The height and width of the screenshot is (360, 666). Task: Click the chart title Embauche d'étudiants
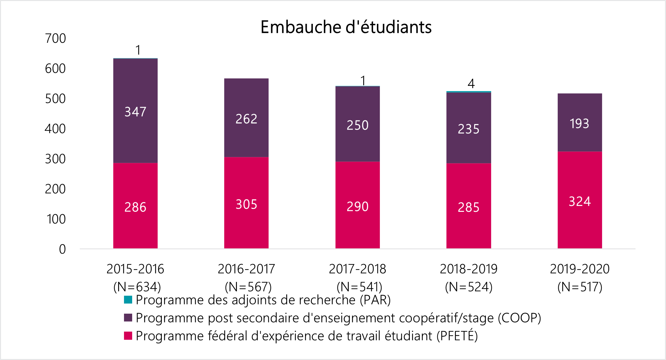click(346, 27)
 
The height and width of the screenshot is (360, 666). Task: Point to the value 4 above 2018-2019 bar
click(471, 84)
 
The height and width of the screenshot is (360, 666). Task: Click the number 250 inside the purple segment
click(358, 125)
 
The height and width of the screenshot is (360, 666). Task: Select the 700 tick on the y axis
click(55, 39)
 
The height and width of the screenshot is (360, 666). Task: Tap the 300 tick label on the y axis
click(55, 159)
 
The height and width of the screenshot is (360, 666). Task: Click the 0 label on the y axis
click(62, 249)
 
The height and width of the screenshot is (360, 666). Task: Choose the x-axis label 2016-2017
click(246, 269)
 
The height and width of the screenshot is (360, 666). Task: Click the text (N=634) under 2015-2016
click(137, 287)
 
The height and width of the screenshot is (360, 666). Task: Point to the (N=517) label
click(580, 287)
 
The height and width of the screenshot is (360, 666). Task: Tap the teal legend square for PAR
click(128, 300)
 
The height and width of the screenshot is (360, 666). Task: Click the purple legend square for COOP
click(128, 318)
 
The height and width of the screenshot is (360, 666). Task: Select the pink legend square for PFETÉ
click(128, 336)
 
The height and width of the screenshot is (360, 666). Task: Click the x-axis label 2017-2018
click(358, 269)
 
